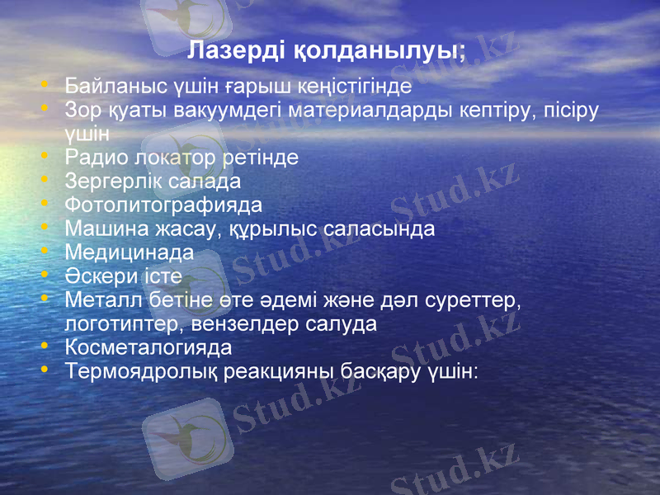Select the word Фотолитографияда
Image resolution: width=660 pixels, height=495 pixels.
click(163, 204)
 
